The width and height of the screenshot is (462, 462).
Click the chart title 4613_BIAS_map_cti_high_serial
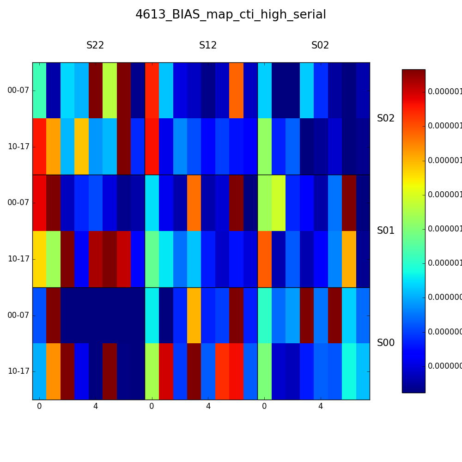231,15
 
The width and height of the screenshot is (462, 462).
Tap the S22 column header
95,46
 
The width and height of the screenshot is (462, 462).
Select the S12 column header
208,46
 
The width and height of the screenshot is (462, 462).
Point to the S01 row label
386,231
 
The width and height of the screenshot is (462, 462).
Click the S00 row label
386,343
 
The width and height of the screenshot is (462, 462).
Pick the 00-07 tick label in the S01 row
18,202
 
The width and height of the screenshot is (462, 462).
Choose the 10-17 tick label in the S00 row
18,371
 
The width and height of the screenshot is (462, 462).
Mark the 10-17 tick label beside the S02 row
18,146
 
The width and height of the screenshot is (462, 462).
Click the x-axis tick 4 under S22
96,407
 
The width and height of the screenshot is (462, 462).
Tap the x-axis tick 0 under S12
152,407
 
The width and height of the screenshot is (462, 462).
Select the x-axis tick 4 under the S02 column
321,407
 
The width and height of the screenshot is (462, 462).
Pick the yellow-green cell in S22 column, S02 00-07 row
109,90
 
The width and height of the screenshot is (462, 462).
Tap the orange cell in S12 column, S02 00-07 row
236,90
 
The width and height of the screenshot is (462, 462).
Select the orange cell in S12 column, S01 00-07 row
194,202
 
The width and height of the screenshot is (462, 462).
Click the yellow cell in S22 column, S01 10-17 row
39,259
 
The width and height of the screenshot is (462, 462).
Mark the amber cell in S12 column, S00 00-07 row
194,315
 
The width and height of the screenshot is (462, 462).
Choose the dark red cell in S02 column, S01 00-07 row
349,202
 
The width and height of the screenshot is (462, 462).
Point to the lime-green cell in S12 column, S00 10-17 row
152,371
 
